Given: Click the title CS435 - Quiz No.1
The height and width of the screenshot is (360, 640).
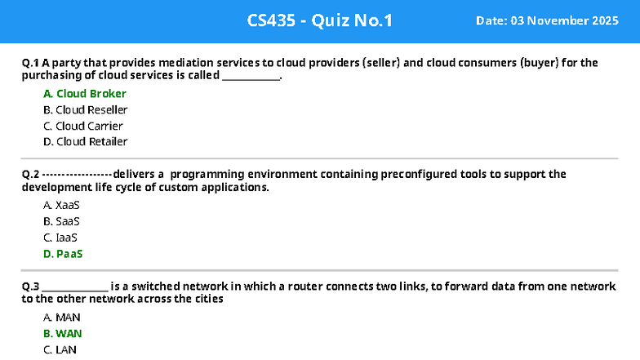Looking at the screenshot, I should pos(319,20).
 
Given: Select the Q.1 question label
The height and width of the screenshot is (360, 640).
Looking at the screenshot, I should pos(30,62).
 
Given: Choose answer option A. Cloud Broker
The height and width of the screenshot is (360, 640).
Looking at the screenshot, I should pos(85,94).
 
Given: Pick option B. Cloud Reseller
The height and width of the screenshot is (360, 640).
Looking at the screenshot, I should pos(85,109).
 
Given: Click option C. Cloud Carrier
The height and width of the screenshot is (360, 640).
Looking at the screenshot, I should pos(83,126).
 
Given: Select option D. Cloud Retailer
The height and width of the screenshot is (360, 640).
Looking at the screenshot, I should pos(85,141).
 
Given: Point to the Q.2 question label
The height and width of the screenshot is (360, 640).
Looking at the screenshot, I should pos(30,174).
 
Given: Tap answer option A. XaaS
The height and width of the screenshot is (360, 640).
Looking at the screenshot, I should pos(61,205).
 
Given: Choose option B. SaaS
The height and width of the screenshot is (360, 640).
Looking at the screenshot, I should pos(61,221).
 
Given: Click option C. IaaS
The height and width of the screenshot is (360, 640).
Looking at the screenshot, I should pos(60,238).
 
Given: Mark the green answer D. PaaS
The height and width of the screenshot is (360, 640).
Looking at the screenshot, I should pos(63,254).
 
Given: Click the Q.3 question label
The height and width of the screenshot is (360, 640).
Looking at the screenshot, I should pos(30,287).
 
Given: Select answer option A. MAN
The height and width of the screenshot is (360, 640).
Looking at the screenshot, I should pos(62,317).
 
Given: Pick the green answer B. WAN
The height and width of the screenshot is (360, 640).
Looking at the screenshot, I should pos(63,333).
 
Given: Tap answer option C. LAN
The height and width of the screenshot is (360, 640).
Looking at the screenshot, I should pos(61,349).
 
